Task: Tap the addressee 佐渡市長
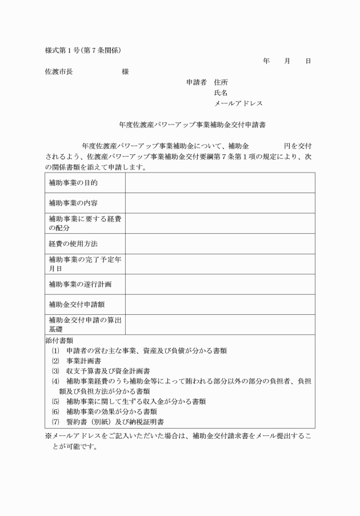[58, 72]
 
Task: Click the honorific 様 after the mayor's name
[125, 72]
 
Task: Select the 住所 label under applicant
[221, 82]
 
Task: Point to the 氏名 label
[221, 93]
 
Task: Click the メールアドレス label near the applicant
[238, 103]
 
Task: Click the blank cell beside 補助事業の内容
[220, 203]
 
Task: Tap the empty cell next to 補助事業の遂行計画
[220, 284]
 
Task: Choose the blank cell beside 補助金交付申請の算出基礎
[220, 325]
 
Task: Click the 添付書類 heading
[59, 341]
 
